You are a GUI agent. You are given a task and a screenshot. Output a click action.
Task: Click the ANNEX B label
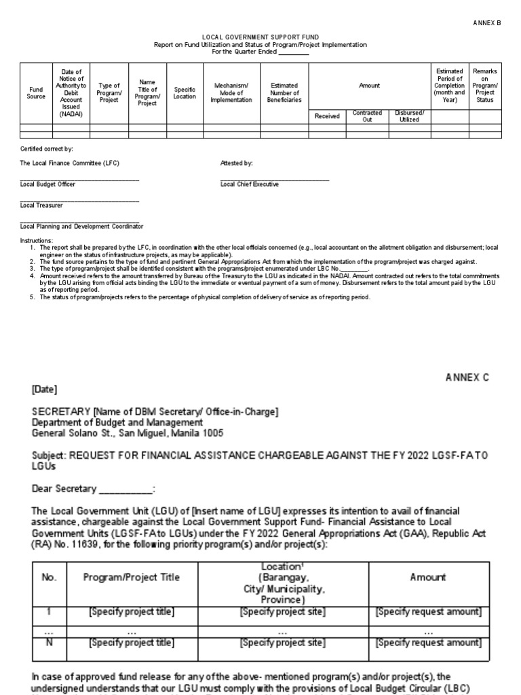(x=486, y=22)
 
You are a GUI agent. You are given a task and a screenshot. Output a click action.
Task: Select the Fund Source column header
(x=36, y=93)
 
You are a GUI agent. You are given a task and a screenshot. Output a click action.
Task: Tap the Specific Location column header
(x=185, y=93)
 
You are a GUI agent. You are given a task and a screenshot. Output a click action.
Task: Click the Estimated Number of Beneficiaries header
(x=284, y=93)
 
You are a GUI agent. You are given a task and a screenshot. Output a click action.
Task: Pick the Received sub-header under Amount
(x=327, y=116)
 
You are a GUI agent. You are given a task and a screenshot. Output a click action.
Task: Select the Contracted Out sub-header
(x=367, y=116)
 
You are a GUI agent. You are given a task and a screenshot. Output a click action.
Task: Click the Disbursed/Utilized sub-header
(x=409, y=116)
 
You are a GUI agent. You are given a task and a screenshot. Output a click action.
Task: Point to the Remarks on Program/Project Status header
(x=484, y=86)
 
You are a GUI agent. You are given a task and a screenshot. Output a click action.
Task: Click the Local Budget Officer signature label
(x=47, y=185)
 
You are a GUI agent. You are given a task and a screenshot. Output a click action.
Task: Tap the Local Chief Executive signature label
(x=249, y=185)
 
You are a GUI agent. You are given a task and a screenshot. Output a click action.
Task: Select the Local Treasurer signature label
(x=41, y=205)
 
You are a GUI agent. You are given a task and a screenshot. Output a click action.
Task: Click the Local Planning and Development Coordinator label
(x=81, y=226)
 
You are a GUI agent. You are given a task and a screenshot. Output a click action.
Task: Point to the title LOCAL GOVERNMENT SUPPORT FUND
(x=260, y=37)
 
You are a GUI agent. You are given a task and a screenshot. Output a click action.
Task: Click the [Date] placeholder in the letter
(x=45, y=390)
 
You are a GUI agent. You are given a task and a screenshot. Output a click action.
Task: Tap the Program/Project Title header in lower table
(x=132, y=577)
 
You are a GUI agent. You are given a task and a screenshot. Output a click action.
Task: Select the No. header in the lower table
(x=50, y=577)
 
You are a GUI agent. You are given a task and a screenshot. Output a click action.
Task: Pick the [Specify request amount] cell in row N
(x=428, y=642)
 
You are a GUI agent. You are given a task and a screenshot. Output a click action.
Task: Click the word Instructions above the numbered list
(x=36, y=241)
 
